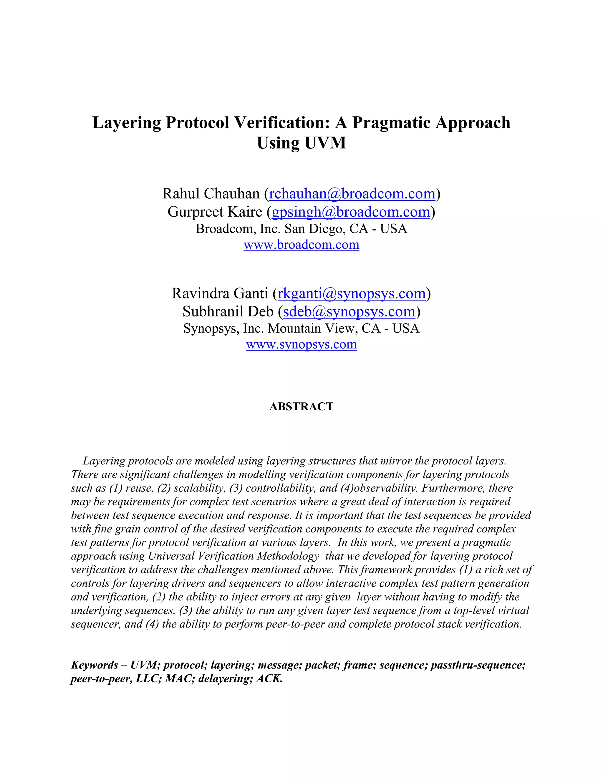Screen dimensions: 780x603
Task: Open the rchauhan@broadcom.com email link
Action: click(x=352, y=194)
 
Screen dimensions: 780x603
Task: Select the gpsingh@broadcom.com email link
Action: click(x=351, y=212)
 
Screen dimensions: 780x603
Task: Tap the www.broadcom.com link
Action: click(x=301, y=245)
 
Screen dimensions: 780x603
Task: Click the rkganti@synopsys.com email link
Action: click(x=352, y=293)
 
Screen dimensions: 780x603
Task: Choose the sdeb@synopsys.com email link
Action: click(x=349, y=311)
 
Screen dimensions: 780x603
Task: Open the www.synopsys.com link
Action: click(x=301, y=344)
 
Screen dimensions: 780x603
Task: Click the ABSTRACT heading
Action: click(x=301, y=406)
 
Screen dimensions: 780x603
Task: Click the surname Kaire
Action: click(x=246, y=212)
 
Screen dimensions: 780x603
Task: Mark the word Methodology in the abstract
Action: click(x=288, y=556)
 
